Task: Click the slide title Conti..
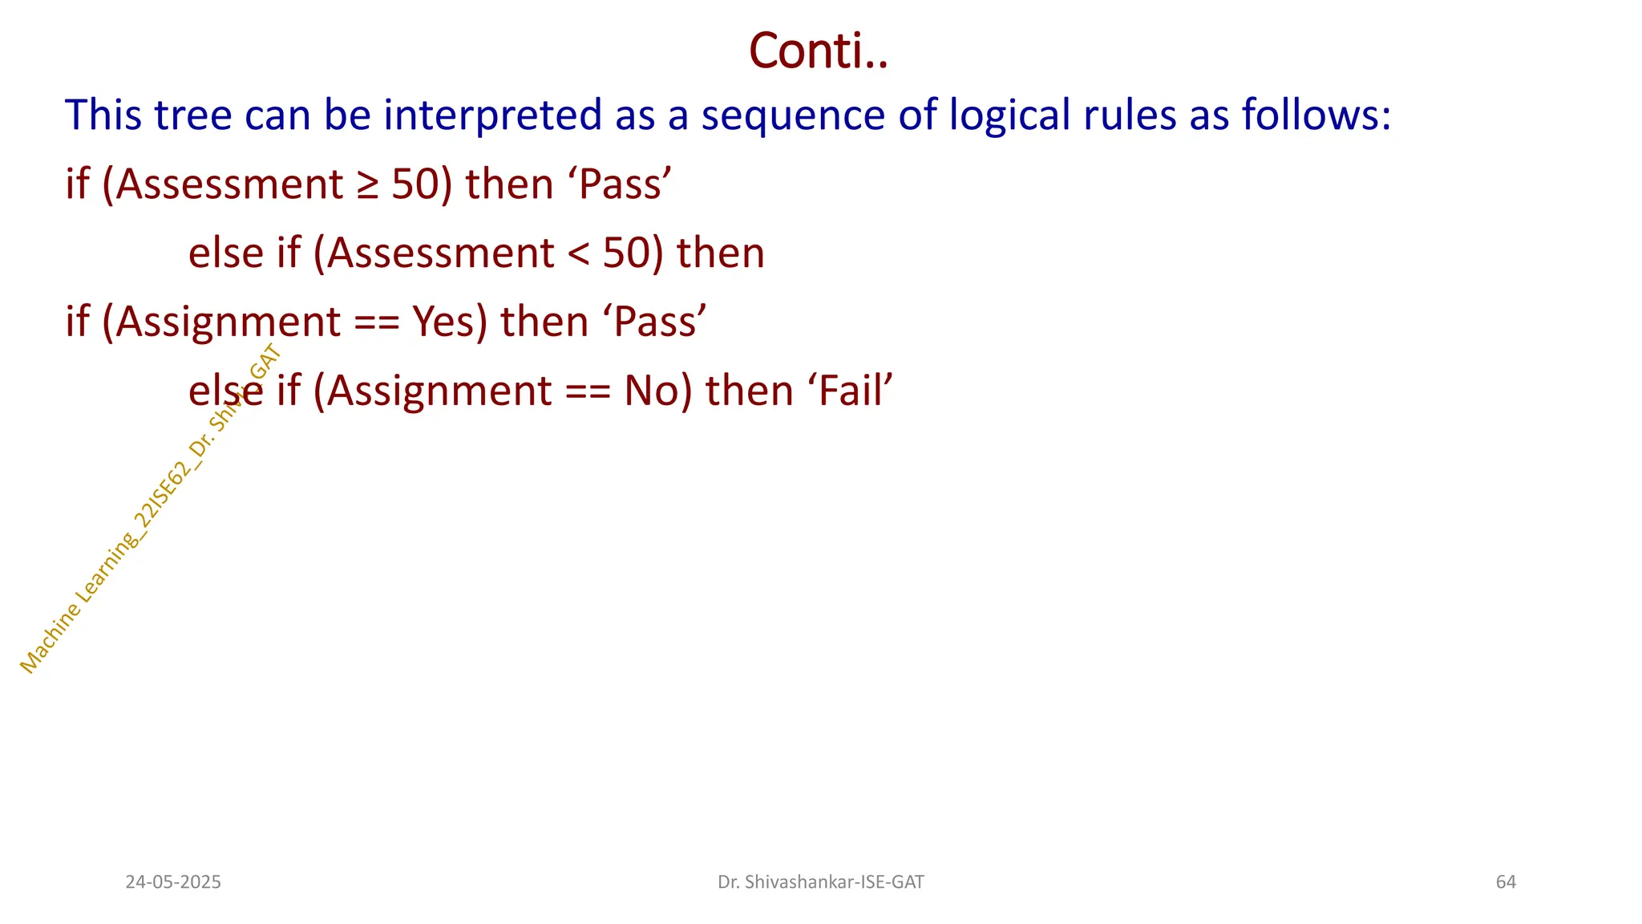point(818,51)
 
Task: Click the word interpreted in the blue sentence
point(492,115)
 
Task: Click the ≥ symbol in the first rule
point(367,184)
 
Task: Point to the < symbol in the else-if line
point(578,253)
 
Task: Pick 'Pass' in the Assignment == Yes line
point(660,322)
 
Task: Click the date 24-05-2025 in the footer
point(173,882)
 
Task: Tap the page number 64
point(1506,882)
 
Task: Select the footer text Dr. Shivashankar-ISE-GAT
point(820,882)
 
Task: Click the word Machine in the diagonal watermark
point(49,637)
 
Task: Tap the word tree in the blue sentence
point(192,115)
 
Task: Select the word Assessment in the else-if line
point(440,253)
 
